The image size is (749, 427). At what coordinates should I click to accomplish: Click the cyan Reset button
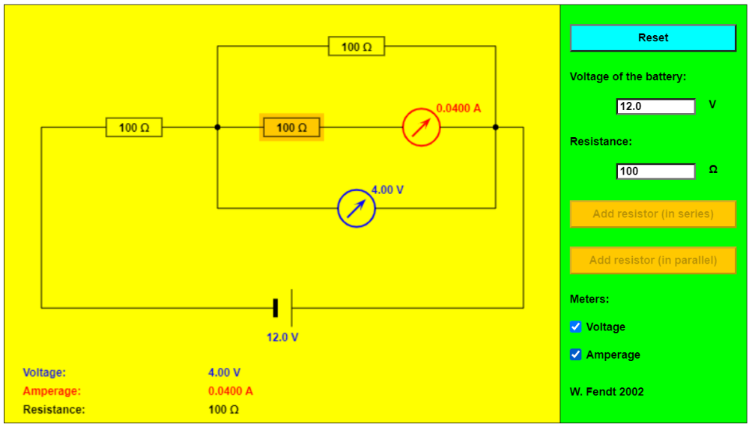pyautogui.click(x=653, y=37)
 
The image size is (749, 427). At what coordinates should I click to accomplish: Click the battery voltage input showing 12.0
pyautogui.click(x=656, y=106)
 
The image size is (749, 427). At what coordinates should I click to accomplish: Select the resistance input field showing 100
pyautogui.click(x=656, y=171)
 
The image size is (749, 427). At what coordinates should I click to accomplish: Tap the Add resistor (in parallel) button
pyautogui.click(x=653, y=260)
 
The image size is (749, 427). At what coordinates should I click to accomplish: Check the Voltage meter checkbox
pyautogui.click(x=576, y=327)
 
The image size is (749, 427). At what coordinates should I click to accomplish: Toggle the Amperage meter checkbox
pyautogui.click(x=576, y=354)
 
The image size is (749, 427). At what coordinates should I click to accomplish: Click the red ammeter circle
pyautogui.click(x=421, y=127)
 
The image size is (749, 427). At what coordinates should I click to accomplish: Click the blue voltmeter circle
pyautogui.click(x=357, y=208)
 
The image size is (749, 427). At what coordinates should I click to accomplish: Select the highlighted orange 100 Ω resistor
pyautogui.click(x=292, y=127)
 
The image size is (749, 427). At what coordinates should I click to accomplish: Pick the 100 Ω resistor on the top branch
pyautogui.click(x=357, y=46)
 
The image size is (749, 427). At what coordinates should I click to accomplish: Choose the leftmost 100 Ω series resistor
pyautogui.click(x=134, y=127)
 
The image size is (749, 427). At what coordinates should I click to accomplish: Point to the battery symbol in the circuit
pyautogui.click(x=283, y=308)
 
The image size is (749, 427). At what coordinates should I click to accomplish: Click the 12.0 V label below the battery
pyautogui.click(x=283, y=337)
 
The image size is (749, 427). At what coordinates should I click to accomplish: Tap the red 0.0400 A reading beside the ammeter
pyautogui.click(x=458, y=109)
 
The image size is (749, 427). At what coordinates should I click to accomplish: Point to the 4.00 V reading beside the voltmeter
pyautogui.click(x=387, y=190)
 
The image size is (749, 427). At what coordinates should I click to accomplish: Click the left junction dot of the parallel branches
pyautogui.click(x=217, y=127)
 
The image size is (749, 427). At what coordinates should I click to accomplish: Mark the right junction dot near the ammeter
pyautogui.click(x=495, y=127)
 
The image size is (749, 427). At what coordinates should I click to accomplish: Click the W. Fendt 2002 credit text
pyautogui.click(x=607, y=392)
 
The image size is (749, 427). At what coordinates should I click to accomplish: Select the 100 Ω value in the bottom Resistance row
pyautogui.click(x=223, y=409)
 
